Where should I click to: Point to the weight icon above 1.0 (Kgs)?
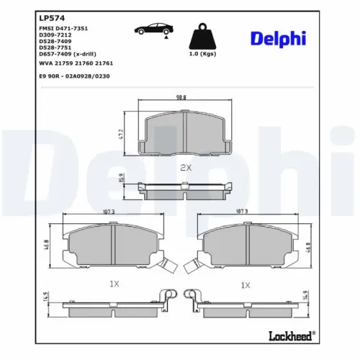coord(202,36)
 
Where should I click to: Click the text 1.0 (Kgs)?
coord(202,55)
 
